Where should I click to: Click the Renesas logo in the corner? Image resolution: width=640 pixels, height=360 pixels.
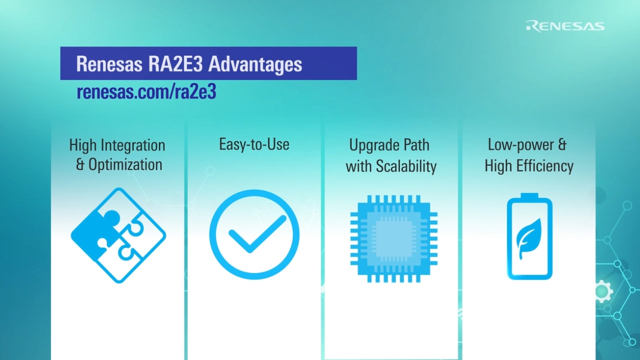[565, 26]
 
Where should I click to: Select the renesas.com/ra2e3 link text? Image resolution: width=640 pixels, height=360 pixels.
[146, 92]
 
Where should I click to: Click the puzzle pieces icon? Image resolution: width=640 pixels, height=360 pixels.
[118, 235]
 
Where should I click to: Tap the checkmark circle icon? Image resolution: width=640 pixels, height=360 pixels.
[254, 235]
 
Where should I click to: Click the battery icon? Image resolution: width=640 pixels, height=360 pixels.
[529, 237]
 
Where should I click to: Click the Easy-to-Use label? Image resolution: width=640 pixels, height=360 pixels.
[254, 144]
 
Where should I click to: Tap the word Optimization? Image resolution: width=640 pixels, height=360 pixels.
[125, 165]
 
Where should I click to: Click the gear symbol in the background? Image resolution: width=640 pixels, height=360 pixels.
[603, 291]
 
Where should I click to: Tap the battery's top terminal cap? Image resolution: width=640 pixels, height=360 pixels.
[529, 196]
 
